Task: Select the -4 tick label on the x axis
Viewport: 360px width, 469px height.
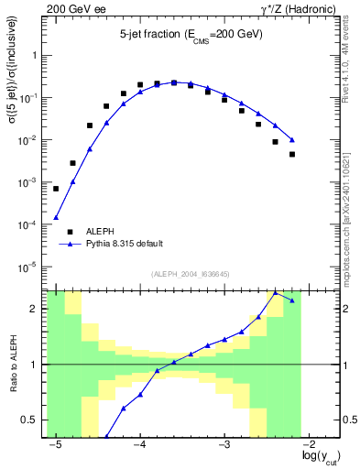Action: point(139,442)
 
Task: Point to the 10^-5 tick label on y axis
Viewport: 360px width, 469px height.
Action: point(29,267)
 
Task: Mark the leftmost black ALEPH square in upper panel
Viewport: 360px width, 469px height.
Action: point(56,189)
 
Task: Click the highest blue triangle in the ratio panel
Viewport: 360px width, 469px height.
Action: point(276,293)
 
